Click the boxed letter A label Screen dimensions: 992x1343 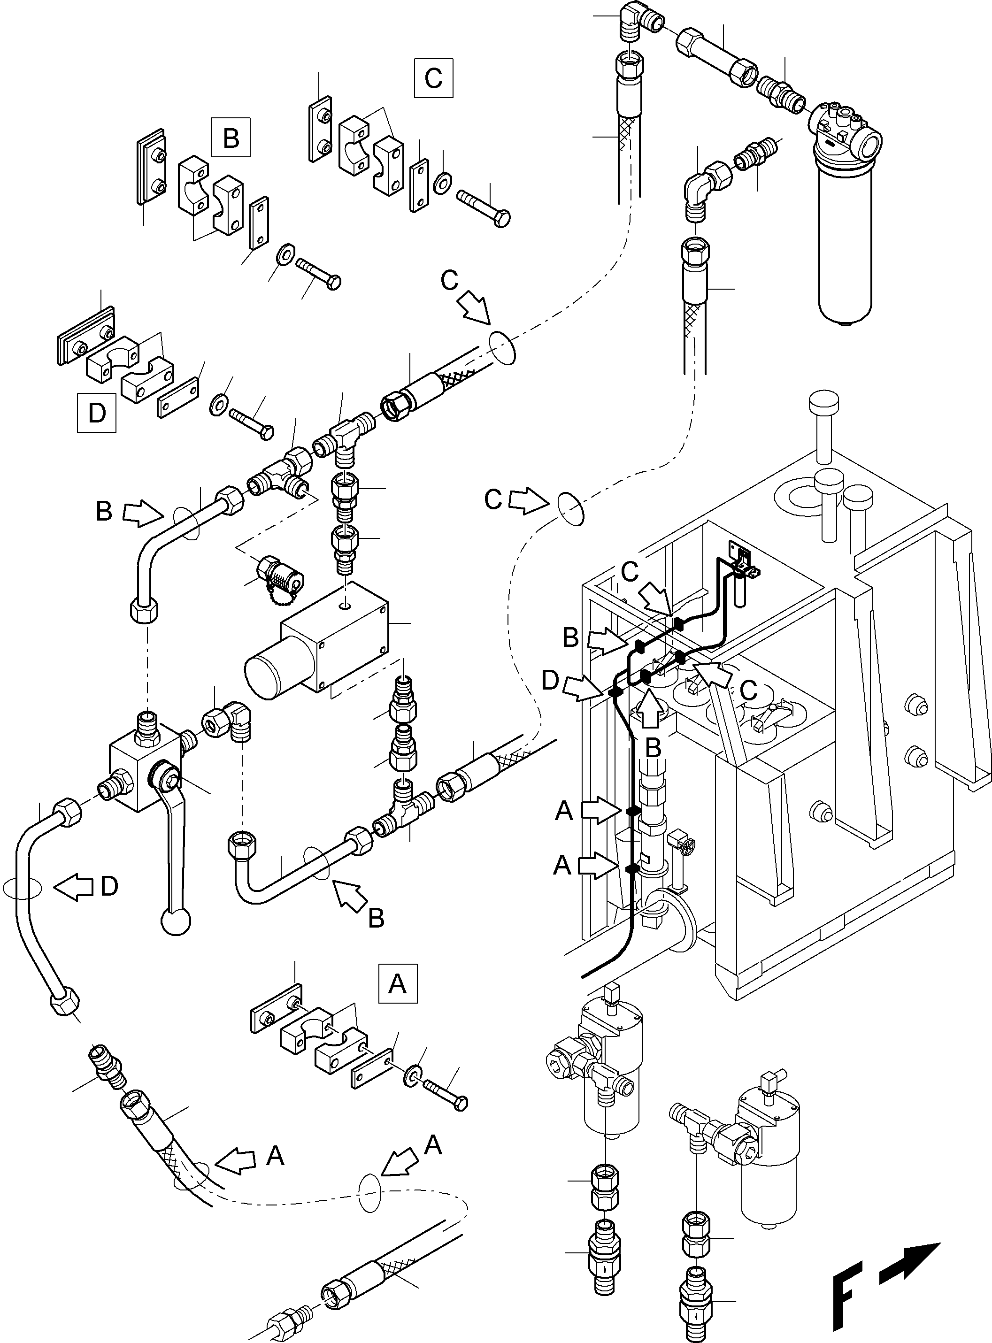coord(398,984)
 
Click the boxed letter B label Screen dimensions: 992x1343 coord(231,138)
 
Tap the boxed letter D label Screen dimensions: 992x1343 coord(97,413)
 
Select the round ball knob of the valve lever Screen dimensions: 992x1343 coord(177,921)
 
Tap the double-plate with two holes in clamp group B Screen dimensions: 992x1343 coord(151,166)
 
